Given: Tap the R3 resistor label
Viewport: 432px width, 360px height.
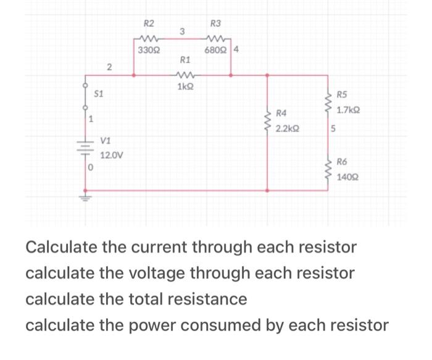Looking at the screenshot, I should [x=215, y=24].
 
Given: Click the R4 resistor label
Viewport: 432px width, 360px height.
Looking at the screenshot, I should [x=282, y=113].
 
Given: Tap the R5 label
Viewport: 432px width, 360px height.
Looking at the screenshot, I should [x=343, y=95].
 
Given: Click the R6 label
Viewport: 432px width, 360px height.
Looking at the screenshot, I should [x=343, y=162].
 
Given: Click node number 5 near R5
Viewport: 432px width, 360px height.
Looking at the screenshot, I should [x=333, y=129].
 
